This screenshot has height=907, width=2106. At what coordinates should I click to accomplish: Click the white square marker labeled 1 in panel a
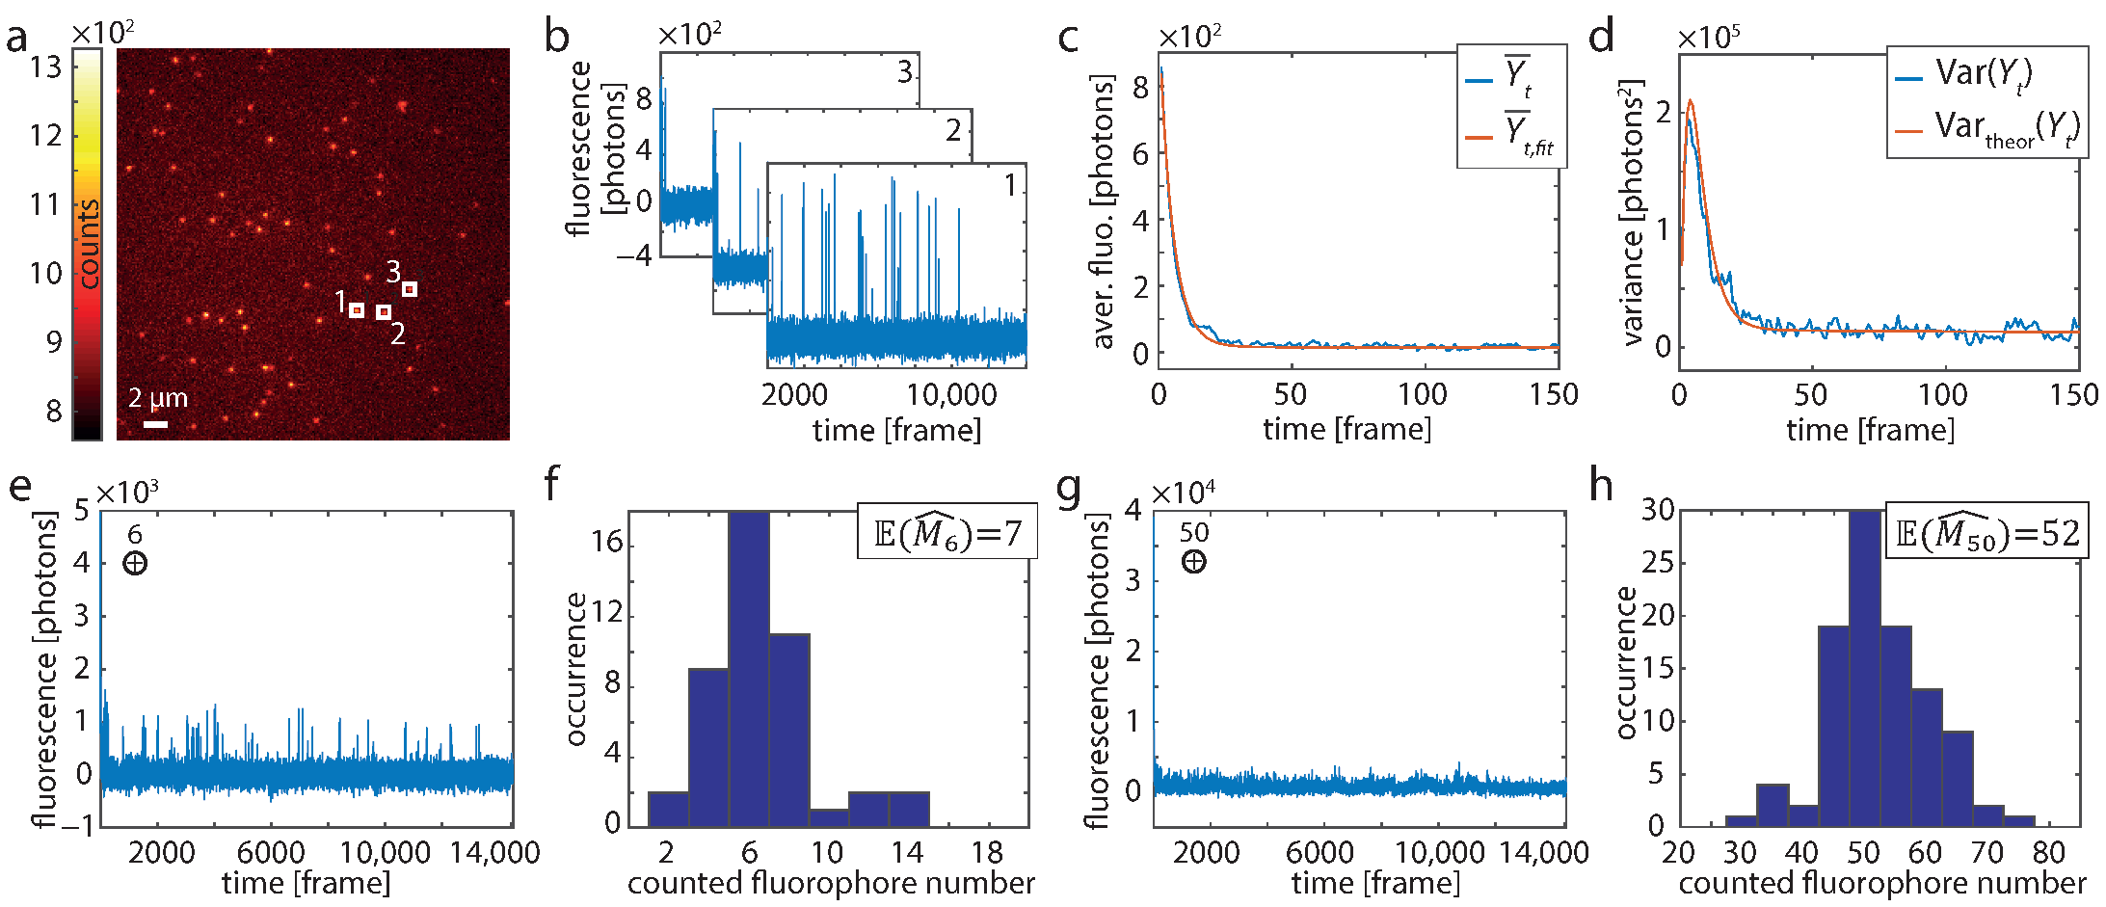coord(357,310)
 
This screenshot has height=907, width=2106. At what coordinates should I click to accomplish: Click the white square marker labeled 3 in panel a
coord(410,289)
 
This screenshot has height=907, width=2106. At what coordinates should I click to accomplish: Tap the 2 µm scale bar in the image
coord(155,424)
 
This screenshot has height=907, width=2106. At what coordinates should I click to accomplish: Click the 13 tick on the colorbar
coord(45,67)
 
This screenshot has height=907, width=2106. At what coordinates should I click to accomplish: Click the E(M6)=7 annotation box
coord(946,532)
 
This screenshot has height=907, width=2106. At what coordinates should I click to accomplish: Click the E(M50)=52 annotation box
coord(1986,532)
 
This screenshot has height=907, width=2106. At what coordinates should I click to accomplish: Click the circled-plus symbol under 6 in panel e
coord(135,563)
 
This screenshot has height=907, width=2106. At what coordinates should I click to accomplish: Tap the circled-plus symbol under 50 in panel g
coord(1193,561)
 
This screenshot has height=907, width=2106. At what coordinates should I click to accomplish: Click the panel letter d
coord(1601,37)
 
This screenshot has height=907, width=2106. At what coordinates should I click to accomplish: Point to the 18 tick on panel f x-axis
coord(987,853)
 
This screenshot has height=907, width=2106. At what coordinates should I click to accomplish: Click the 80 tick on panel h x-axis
coord(2049,853)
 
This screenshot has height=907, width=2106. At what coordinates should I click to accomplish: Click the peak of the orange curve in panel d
coord(1690,100)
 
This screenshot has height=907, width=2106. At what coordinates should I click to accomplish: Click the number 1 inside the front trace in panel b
coord(1009,185)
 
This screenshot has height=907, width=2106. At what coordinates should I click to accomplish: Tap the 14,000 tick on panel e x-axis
coord(494,853)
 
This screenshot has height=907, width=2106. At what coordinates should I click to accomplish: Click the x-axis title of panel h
coord(1881,884)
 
